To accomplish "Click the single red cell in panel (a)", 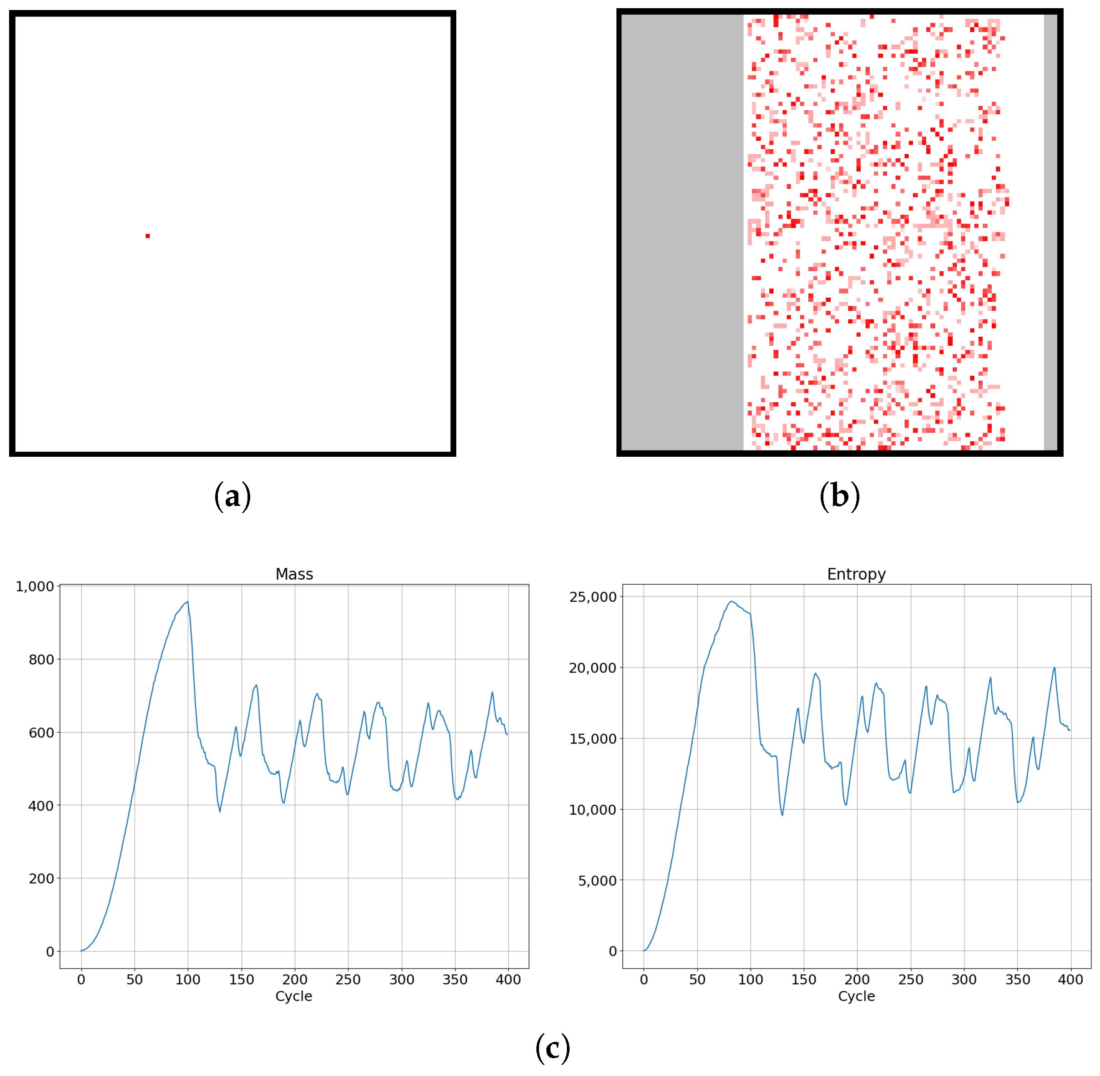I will coord(147,236).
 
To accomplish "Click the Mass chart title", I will coord(294,574).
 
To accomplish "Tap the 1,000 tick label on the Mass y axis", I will coord(35,586).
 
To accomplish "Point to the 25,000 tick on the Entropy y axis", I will coord(593,597).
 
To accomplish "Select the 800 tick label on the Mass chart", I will coord(41,660).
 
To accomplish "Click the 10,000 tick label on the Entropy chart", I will coord(593,810).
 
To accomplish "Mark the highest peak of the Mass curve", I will coord(187,602).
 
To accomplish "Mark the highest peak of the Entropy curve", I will coord(732,601).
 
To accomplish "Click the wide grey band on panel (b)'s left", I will coord(682,232).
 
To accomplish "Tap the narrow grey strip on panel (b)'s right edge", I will coord(1050,232).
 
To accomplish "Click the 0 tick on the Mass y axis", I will coord(50,952).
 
